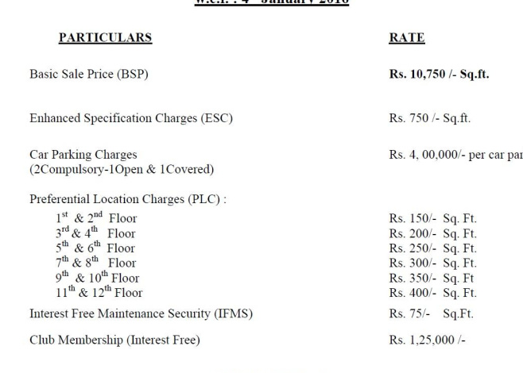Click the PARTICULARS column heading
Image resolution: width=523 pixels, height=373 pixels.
point(104,37)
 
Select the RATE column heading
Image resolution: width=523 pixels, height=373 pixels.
point(406,37)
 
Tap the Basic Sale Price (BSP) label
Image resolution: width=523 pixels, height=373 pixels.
point(89,75)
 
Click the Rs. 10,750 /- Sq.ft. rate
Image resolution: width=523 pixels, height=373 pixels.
point(439,75)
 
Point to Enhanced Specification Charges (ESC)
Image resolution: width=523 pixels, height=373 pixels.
point(131,118)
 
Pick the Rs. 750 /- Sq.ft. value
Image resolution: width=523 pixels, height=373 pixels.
point(429,118)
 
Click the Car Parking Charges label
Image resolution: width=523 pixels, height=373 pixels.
point(83,155)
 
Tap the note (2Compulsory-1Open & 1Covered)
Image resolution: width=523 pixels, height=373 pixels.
point(122,169)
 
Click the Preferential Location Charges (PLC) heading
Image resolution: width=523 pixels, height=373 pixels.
point(128,199)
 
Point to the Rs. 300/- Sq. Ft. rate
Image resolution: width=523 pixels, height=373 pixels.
point(432,263)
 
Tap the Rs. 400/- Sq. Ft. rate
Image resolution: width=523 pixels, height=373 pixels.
point(432,293)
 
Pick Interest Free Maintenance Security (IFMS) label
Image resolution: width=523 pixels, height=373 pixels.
point(141,313)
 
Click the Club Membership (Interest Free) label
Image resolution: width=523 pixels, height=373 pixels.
point(114,340)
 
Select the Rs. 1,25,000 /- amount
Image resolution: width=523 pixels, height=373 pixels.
point(427,340)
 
